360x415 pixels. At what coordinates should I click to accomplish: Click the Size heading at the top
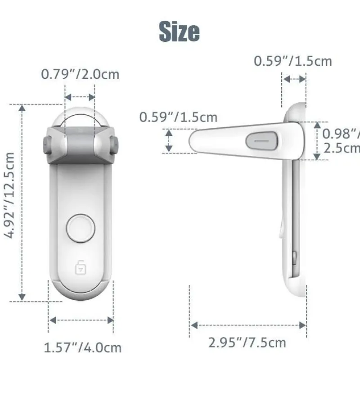[x=179, y=32]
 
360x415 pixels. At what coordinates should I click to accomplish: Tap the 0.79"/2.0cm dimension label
[x=80, y=74]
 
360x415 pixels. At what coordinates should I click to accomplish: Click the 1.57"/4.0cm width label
[x=82, y=347]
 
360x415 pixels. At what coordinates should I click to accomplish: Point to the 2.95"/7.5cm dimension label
[x=247, y=343]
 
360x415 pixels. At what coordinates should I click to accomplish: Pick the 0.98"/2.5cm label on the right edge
[x=341, y=140]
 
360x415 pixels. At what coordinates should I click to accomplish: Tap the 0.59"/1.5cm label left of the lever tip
[x=178, y=117]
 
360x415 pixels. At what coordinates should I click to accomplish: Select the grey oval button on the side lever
[x=261, y=140]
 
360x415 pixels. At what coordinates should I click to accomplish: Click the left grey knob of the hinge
[x=46, y=145]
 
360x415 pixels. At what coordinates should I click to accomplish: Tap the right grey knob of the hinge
[x=115, y=145]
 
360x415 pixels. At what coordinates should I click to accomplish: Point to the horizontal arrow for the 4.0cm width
[x=81, y=320]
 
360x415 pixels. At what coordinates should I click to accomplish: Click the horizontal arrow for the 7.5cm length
[x=248, y=325]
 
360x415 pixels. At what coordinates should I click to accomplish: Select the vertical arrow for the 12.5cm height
[x=22, y=203]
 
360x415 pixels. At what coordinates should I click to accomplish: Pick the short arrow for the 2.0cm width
[x=80, y=97]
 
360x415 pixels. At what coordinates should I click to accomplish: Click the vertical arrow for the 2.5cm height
[x=317, y=140]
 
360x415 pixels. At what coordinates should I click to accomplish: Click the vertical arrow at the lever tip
[x=169, y=140]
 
